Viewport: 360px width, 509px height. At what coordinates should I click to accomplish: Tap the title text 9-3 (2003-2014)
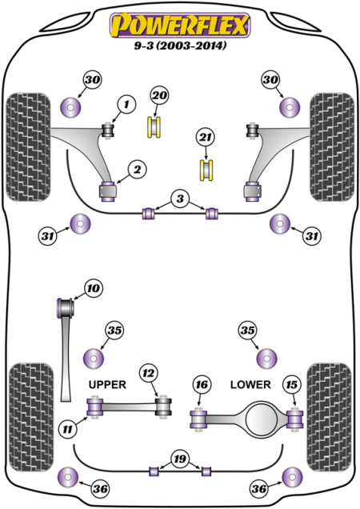click(180, 46)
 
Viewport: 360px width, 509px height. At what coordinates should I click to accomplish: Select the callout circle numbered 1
click(126, 102)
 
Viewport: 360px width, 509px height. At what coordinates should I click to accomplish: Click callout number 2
click(137, 169)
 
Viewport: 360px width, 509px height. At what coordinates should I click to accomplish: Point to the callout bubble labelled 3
click(181, 198)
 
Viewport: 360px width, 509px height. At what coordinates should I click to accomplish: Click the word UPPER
click(106, 384)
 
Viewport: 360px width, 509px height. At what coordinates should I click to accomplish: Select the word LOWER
click(250, 384)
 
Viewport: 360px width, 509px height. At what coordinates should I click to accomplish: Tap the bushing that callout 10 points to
click(67, 306)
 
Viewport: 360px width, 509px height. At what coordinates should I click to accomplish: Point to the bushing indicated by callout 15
click(295, 418)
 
